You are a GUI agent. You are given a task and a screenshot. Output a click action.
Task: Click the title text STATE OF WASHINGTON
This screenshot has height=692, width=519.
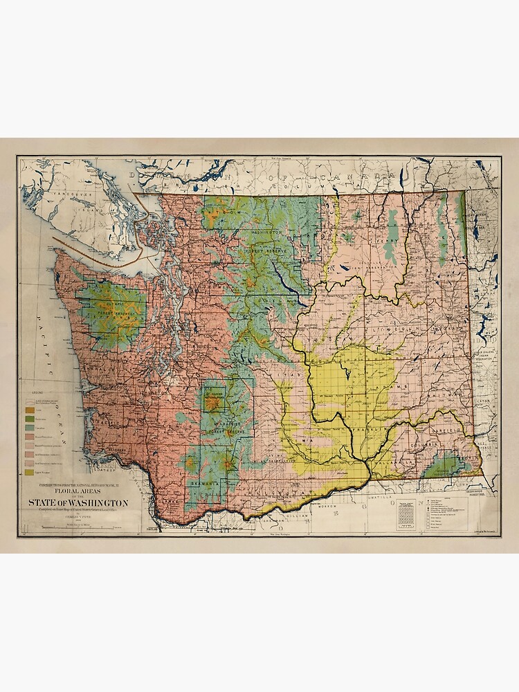[78, 502]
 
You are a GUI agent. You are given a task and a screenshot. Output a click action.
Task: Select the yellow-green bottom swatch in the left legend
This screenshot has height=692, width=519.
[30, 472]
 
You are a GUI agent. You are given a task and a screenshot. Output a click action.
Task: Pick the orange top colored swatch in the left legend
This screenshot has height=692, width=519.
[30, 409]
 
